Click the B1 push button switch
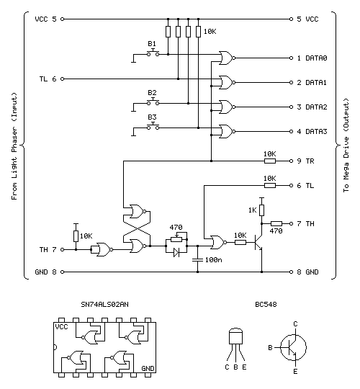point(153,53)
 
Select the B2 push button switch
point(153,102)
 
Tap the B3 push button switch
point(153,126)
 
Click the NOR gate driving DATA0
point(226,57)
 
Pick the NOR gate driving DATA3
point(226,131)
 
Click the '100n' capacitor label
point(212,259)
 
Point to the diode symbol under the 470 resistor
point(175,252)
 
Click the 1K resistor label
point(252,210)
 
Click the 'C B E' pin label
point(237,367)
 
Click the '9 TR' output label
point(305,161)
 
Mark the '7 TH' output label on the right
point(305,224)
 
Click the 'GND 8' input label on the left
point(46,272)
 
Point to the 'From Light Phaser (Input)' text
point(14,152)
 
